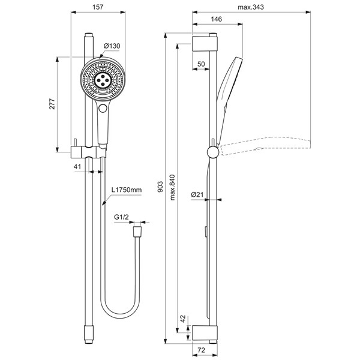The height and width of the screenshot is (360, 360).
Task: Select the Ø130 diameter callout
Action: [x=114, y=46]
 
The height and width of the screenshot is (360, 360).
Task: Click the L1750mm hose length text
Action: [x=127, y=190]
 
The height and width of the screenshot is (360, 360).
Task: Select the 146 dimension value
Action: [x=217, y=20]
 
